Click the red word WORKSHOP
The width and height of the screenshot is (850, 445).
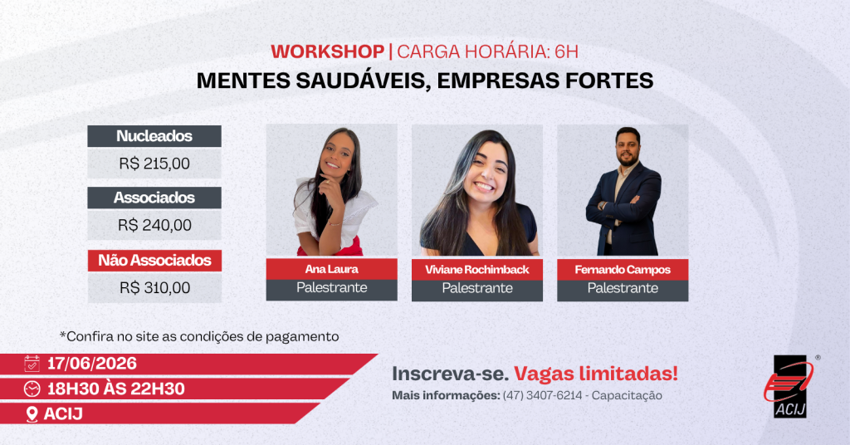[x=327, y=51]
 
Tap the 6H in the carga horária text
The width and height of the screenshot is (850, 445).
[x=566, y=51]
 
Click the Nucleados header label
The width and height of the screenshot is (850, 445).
[x=154, y=136]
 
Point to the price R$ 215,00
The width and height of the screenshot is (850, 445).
[x=154, y=164]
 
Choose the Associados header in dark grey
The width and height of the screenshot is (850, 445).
[x=154, y=198]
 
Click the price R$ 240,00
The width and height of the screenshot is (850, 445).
[x=154, y=225]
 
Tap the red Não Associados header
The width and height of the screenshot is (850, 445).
[x=154, y=260]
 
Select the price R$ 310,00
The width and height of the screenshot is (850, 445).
[x=154, y=287]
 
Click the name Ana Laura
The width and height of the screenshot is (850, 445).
[x=331, y=269]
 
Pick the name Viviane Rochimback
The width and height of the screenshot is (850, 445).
[x=477, y=269]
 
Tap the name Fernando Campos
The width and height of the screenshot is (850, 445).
[x=623, y=269]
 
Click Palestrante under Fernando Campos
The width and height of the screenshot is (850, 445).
[x=623, y=288]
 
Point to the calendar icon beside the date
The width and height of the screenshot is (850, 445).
[x=32, y=363]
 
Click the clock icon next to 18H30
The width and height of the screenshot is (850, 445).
[x=32, y=389]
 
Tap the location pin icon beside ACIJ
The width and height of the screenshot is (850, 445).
[x=32, y=414]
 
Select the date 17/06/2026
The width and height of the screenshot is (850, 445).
[x=92, y=363]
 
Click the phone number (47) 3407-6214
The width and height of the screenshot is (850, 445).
[x=542, y=395]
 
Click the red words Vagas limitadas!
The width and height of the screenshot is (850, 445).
[x=596, y=374]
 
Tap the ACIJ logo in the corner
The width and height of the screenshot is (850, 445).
[x=789, y=386]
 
